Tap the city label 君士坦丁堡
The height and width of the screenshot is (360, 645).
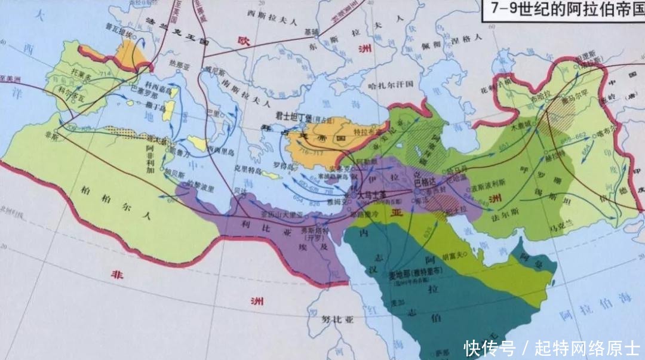click(x=294, y=116)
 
